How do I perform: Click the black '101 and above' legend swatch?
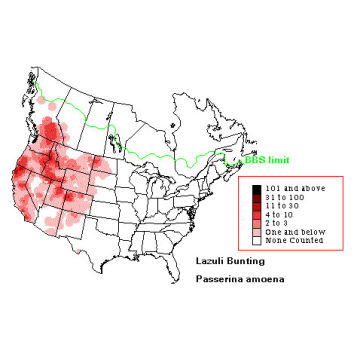pyautogui.click(x=258, y=188)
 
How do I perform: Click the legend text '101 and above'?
pyautogui.click(x=292, y=188)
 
